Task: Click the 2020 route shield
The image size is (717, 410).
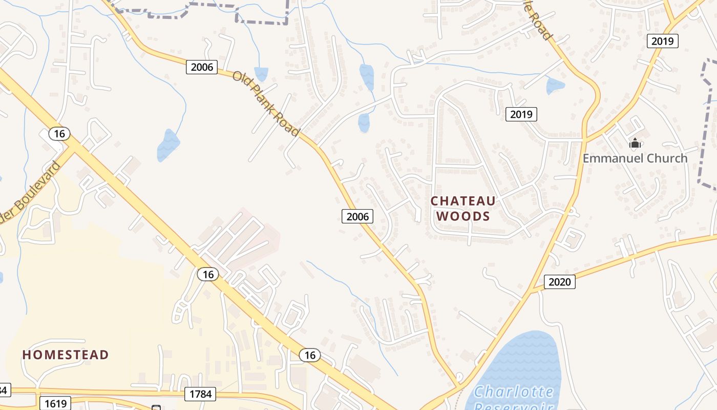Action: (x=559, y=281)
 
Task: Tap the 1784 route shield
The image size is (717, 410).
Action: (x=200, y=394)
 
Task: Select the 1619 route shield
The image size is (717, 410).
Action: (x=55, y=403)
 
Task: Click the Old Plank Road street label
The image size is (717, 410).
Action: (x=266, y=104)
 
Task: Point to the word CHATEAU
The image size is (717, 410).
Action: (x=463, y=200)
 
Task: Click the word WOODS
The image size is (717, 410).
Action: (x=463, y=216)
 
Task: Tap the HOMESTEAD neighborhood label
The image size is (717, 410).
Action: (x=66, y=355)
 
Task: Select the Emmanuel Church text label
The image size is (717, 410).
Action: (x=635, y=158)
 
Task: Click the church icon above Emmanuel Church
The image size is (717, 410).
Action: (x=635, y=143)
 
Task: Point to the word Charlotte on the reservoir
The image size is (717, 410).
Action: (x=514, y=393)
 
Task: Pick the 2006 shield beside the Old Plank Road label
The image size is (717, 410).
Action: (x=202, y=67)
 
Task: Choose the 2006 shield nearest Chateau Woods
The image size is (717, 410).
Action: (x=357, y=216)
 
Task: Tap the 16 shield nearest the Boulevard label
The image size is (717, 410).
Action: (x=59, y=134)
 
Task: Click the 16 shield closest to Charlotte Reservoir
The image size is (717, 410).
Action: (x=309, y=355)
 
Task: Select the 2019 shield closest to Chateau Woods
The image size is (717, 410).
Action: (x=521, y=114)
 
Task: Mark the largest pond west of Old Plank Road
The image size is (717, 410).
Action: (x=167, y=145)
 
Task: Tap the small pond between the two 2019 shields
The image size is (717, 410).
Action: (x=555, y=86)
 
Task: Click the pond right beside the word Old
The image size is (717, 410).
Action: (x=261, y=74)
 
